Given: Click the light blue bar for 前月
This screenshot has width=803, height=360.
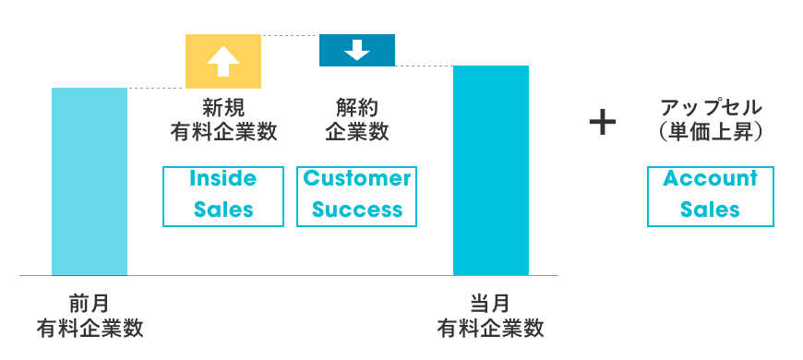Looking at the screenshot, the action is tap(90, 182).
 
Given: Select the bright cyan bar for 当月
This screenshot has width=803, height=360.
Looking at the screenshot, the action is tap(491, 171).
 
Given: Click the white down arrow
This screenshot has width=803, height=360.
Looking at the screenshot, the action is tap(357, 50).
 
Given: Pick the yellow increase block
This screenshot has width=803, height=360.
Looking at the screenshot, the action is tap(223, 62).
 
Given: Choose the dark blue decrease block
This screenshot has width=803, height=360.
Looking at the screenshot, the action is tap(357, 50).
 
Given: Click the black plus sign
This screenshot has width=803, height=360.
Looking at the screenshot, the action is tap(602, 123).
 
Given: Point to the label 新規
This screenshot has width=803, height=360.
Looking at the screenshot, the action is tap(223, 108).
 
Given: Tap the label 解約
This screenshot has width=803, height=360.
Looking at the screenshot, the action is tap(357, 108).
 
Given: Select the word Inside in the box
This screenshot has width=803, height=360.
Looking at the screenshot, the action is tap(222, 179).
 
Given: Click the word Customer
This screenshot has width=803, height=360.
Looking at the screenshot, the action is tap(357, 179).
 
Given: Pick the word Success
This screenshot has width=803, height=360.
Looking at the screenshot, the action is tap(357, 210).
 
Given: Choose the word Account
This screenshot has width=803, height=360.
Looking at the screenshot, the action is tap(711, 179).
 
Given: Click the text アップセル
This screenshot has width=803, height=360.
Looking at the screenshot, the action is tap(711, 108).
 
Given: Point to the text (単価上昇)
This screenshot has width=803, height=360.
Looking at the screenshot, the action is tap(711, 132).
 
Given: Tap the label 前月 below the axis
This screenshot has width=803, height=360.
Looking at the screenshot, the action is tap(90, 304).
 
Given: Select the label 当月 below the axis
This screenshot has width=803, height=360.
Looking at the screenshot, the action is tap(491, 304).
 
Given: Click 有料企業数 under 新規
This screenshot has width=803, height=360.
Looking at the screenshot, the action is tap(223, 132).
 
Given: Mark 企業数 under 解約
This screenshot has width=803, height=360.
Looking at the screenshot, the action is tap(357, 132).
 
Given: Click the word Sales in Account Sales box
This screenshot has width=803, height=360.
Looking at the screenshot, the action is tap(711, 210).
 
